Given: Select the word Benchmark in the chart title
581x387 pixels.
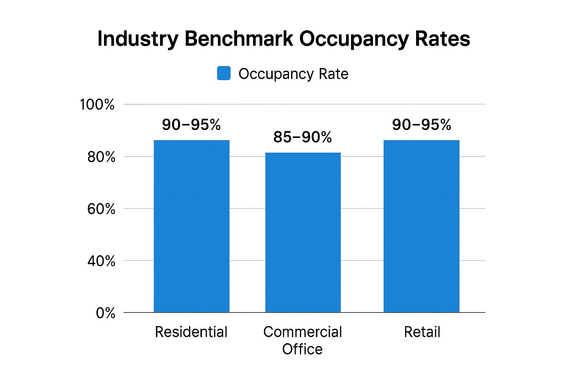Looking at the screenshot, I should tap(239, 39).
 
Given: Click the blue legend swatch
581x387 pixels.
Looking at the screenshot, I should tap(224, 73).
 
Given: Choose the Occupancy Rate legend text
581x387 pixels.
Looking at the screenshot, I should tap(293, 74).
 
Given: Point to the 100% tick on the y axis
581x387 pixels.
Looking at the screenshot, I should tap(97, 105).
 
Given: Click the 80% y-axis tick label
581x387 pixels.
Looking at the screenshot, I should tap(101, 157).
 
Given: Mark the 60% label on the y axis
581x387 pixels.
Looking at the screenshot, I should tap(101, 209).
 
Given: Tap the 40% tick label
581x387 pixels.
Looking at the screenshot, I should tap(101, 261).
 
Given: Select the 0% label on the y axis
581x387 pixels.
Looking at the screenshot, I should tap(106, 313).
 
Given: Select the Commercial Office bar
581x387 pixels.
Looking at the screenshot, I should tap(303, 232).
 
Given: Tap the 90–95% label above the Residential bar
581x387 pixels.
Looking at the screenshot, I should tap(191, 125).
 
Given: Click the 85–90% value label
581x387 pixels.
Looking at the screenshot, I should tap(303, 137).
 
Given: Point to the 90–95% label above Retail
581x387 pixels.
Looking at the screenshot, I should tap(421, 125).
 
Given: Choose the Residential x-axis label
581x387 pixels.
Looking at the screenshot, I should tap(191, 332).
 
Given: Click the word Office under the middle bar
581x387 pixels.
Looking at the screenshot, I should tap(302, 349).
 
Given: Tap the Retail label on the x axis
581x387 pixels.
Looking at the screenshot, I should tap(422, 332).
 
